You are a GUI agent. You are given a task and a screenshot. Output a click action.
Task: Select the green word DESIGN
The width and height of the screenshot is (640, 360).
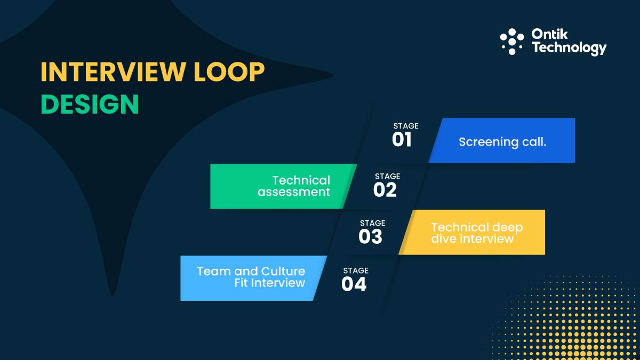click(90, 104)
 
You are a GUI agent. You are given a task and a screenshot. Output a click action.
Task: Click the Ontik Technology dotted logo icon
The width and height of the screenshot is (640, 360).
click(512, 42)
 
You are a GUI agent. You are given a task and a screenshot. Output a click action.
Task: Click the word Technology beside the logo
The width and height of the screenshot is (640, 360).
click(569, 49)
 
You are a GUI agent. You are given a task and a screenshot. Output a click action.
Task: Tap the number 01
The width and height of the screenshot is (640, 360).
click(402, 140)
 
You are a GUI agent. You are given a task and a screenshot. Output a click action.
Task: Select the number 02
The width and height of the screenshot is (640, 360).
click(385, 190)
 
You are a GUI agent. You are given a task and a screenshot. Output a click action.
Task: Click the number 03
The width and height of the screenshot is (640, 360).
click(370, 237)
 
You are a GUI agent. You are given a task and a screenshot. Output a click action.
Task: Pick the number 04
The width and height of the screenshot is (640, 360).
click(354, 284)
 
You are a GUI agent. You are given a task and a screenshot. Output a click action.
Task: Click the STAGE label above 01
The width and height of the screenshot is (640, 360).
click(406, 126)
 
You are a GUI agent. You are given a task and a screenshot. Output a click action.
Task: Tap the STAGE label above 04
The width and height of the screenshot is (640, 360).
click(355, 271)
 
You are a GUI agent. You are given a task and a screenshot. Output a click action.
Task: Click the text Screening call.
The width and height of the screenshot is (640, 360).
click(502, 142)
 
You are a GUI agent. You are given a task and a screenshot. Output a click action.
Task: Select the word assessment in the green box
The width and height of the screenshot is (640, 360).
click(294, 192)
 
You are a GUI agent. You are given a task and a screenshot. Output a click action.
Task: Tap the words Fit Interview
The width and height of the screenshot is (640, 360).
click(269, 283)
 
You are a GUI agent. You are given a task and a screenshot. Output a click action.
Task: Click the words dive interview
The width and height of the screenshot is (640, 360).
click(472, 239)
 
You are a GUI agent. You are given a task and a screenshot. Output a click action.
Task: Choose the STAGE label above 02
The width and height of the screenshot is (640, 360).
click(387, 176)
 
